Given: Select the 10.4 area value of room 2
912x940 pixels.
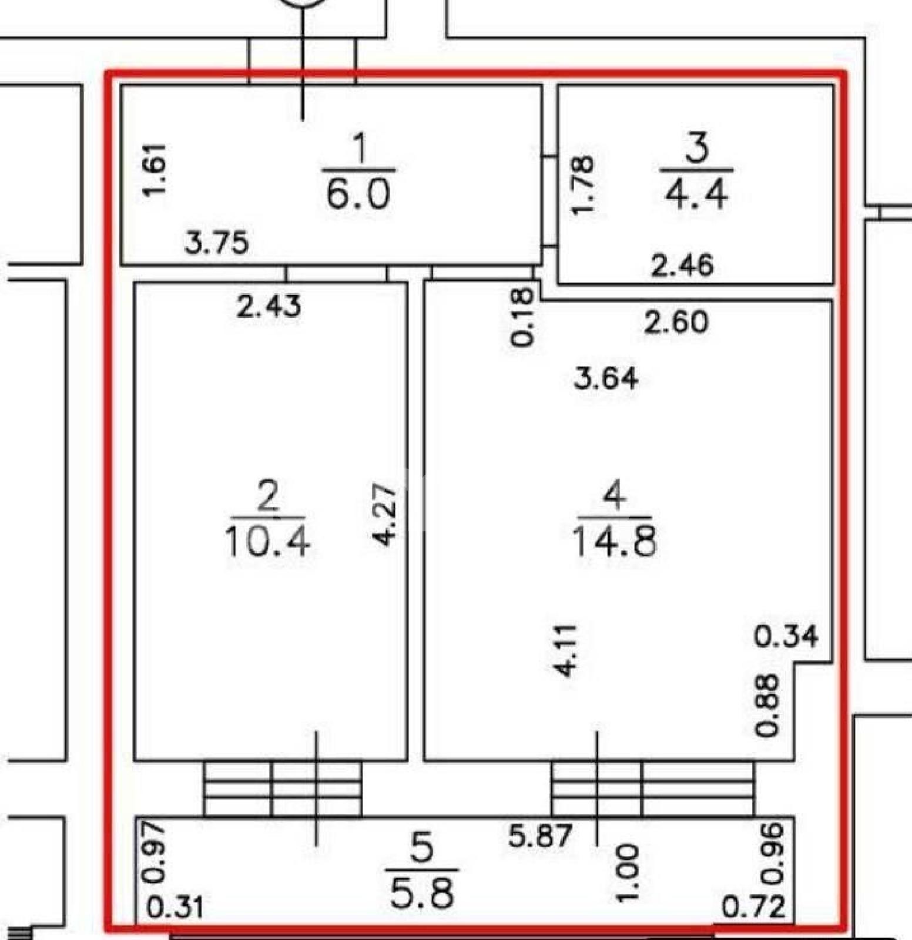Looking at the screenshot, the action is coord(267,541).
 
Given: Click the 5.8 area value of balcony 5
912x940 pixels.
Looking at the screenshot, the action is coord(422,894).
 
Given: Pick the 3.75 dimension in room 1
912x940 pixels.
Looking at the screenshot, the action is coord(217,243).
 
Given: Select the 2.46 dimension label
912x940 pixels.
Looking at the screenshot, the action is coord(682,266).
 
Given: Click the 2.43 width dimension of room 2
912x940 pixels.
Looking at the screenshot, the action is coord(269,306).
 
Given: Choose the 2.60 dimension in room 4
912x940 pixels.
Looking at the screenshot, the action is coord(676,323).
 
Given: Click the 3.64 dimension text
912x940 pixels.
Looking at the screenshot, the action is coord(606,378).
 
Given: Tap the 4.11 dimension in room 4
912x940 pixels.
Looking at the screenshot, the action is coord(568,651).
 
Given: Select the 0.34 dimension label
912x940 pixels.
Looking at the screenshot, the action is coord(786,636).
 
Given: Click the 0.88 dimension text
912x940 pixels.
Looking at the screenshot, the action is coord(767,704).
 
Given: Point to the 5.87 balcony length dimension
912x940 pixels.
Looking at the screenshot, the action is coord(540,835).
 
